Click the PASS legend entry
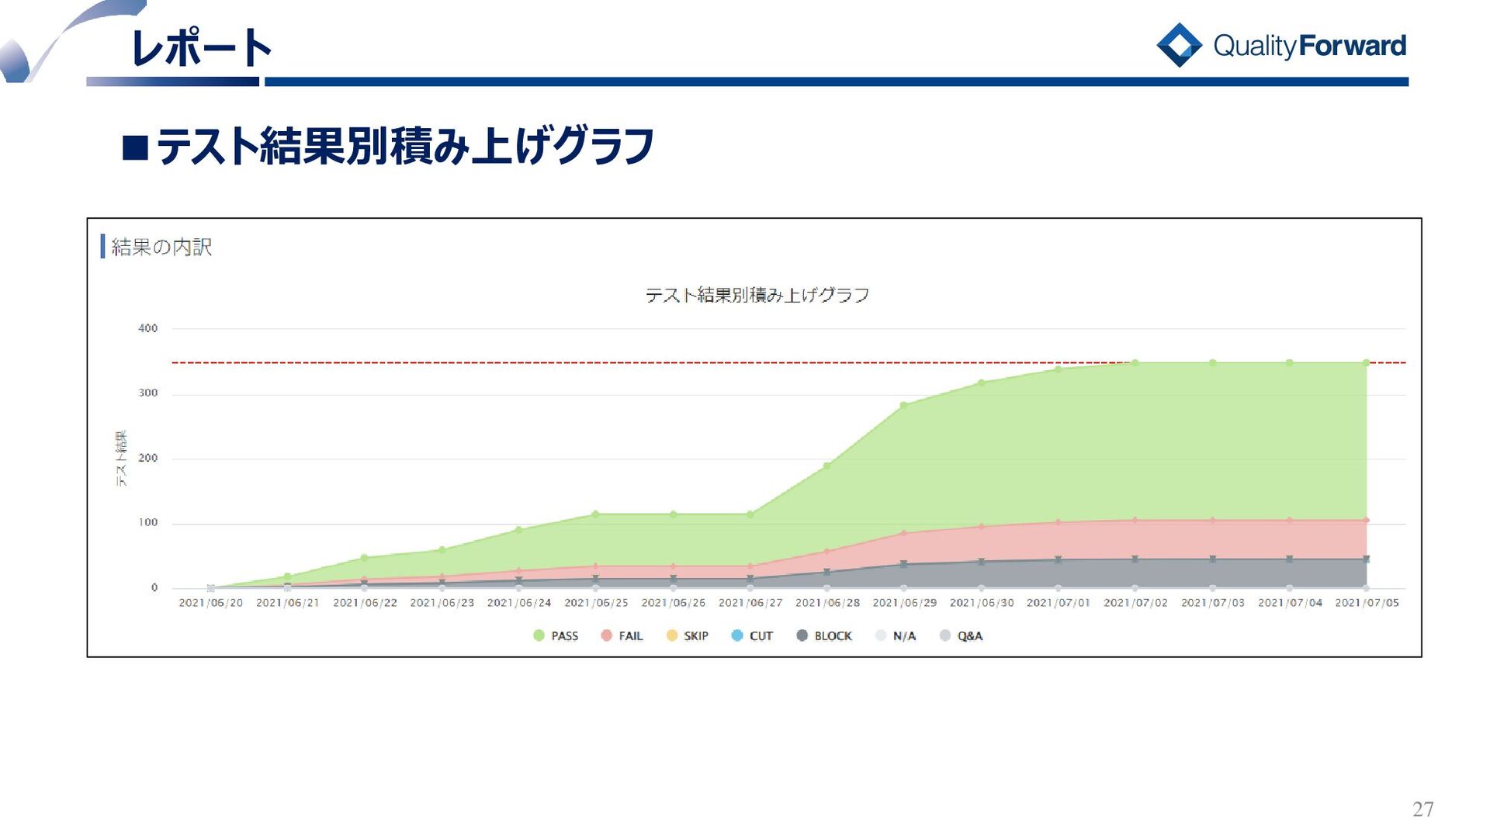(x=556, y=636)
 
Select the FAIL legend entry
(x=622, y=636)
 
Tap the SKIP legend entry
(x=688, y=636)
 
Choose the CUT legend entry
(x=752, y=636)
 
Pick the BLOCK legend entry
(x=824, y=636)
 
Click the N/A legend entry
(x=896, y=636)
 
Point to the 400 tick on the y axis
(x=147, y=329)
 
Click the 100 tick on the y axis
(x=147, y=523)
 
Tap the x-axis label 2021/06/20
(x=210, y=603)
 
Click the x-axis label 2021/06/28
(x=827, y=603)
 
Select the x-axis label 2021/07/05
(x=1367, y=603)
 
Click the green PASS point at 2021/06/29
(x=904, y=406)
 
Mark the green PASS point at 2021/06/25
(x=595, y=514)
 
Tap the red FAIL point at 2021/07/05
(x=1367, y=521)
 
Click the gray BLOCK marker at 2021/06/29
(x=904, y=564)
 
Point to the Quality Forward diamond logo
(x=1179, y=45)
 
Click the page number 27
(x=1422, y=809)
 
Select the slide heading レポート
(x=201, y=48)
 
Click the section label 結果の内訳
(x=161, y=248)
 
